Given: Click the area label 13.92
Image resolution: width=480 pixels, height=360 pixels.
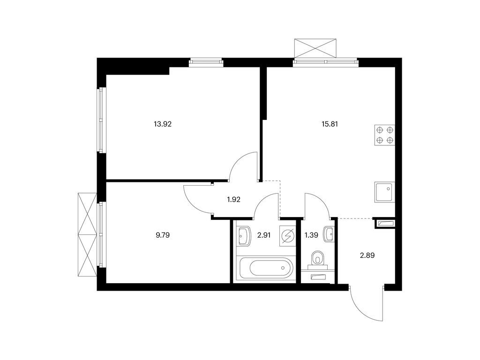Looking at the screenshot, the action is coord(163,124).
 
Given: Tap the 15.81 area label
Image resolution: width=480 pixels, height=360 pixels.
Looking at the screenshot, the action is coord(330,124).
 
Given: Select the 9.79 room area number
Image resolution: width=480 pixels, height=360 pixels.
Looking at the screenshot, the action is coord(163,235).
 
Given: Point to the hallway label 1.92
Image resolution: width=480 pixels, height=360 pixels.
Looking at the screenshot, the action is coord(233,200).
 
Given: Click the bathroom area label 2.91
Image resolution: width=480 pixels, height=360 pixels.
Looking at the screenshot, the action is coord(264,235).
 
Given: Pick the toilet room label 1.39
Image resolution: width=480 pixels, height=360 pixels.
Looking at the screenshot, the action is coord(311,235).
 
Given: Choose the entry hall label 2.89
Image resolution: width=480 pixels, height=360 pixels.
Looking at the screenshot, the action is coord(367,255).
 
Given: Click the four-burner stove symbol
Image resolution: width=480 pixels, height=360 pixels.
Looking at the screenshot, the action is coord(384,135).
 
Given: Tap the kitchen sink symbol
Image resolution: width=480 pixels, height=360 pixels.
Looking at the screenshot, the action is coord(384,192).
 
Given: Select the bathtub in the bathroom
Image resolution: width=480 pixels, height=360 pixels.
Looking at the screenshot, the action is coord(266,268).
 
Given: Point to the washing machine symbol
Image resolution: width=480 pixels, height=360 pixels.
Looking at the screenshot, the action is coord(288,236).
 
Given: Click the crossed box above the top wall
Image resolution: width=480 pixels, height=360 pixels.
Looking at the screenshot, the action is coord(315,48).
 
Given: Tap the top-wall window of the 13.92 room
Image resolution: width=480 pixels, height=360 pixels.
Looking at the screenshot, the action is coord(206,63).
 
